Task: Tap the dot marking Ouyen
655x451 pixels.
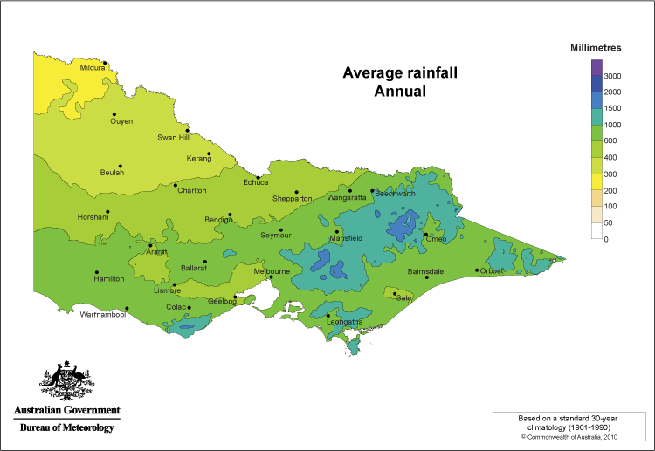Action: click(113, 113)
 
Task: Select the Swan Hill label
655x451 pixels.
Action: click(173, 137)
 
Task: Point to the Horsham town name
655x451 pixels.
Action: click(93, 217)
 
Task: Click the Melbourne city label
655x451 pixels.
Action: click(272, 271)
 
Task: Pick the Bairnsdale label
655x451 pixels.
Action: click(425, 271)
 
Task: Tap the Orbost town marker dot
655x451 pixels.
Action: click(476, 270)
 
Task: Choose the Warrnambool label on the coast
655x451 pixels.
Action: click(102, 314)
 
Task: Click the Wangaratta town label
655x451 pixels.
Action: click(346, 198)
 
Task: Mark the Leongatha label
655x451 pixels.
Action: click(344, 322)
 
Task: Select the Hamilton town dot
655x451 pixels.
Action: click(96, 271)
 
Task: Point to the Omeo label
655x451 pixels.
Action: click(435, 239)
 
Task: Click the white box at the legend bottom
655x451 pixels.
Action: click(597, 231)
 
